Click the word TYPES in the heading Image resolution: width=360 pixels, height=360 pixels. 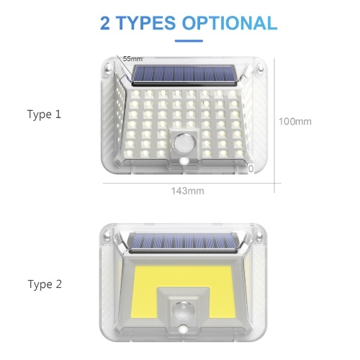click(145, 23)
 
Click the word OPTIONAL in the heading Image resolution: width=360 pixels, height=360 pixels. click(230, 23)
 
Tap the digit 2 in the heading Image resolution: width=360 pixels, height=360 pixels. click(105, 23)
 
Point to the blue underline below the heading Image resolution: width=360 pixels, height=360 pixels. click(189, 41)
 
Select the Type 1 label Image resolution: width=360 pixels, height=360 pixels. click(44, 114)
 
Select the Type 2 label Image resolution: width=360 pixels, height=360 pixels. click(45, 284)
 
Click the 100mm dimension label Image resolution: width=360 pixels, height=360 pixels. click(295, 122)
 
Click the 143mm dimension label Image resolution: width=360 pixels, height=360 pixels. click(188, 191)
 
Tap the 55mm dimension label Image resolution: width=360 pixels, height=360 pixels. click(132, 58)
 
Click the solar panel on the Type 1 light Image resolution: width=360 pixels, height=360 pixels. click(184, 74)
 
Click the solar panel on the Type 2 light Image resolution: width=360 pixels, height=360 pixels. click(183, 243)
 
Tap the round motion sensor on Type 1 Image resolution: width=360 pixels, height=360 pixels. click(184, 144)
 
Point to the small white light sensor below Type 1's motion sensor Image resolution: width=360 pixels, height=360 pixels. click(184, 160)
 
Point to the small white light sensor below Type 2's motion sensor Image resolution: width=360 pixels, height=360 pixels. click(184, 328)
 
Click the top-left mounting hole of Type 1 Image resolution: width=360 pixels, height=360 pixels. click(108, 69)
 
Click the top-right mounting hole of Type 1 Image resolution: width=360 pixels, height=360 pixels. click(260, 69)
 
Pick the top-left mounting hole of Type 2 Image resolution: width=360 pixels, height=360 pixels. click(107, 236)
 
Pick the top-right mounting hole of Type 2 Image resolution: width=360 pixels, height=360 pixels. click(259, 235)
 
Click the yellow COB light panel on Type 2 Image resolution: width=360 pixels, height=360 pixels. click(183, 276)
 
